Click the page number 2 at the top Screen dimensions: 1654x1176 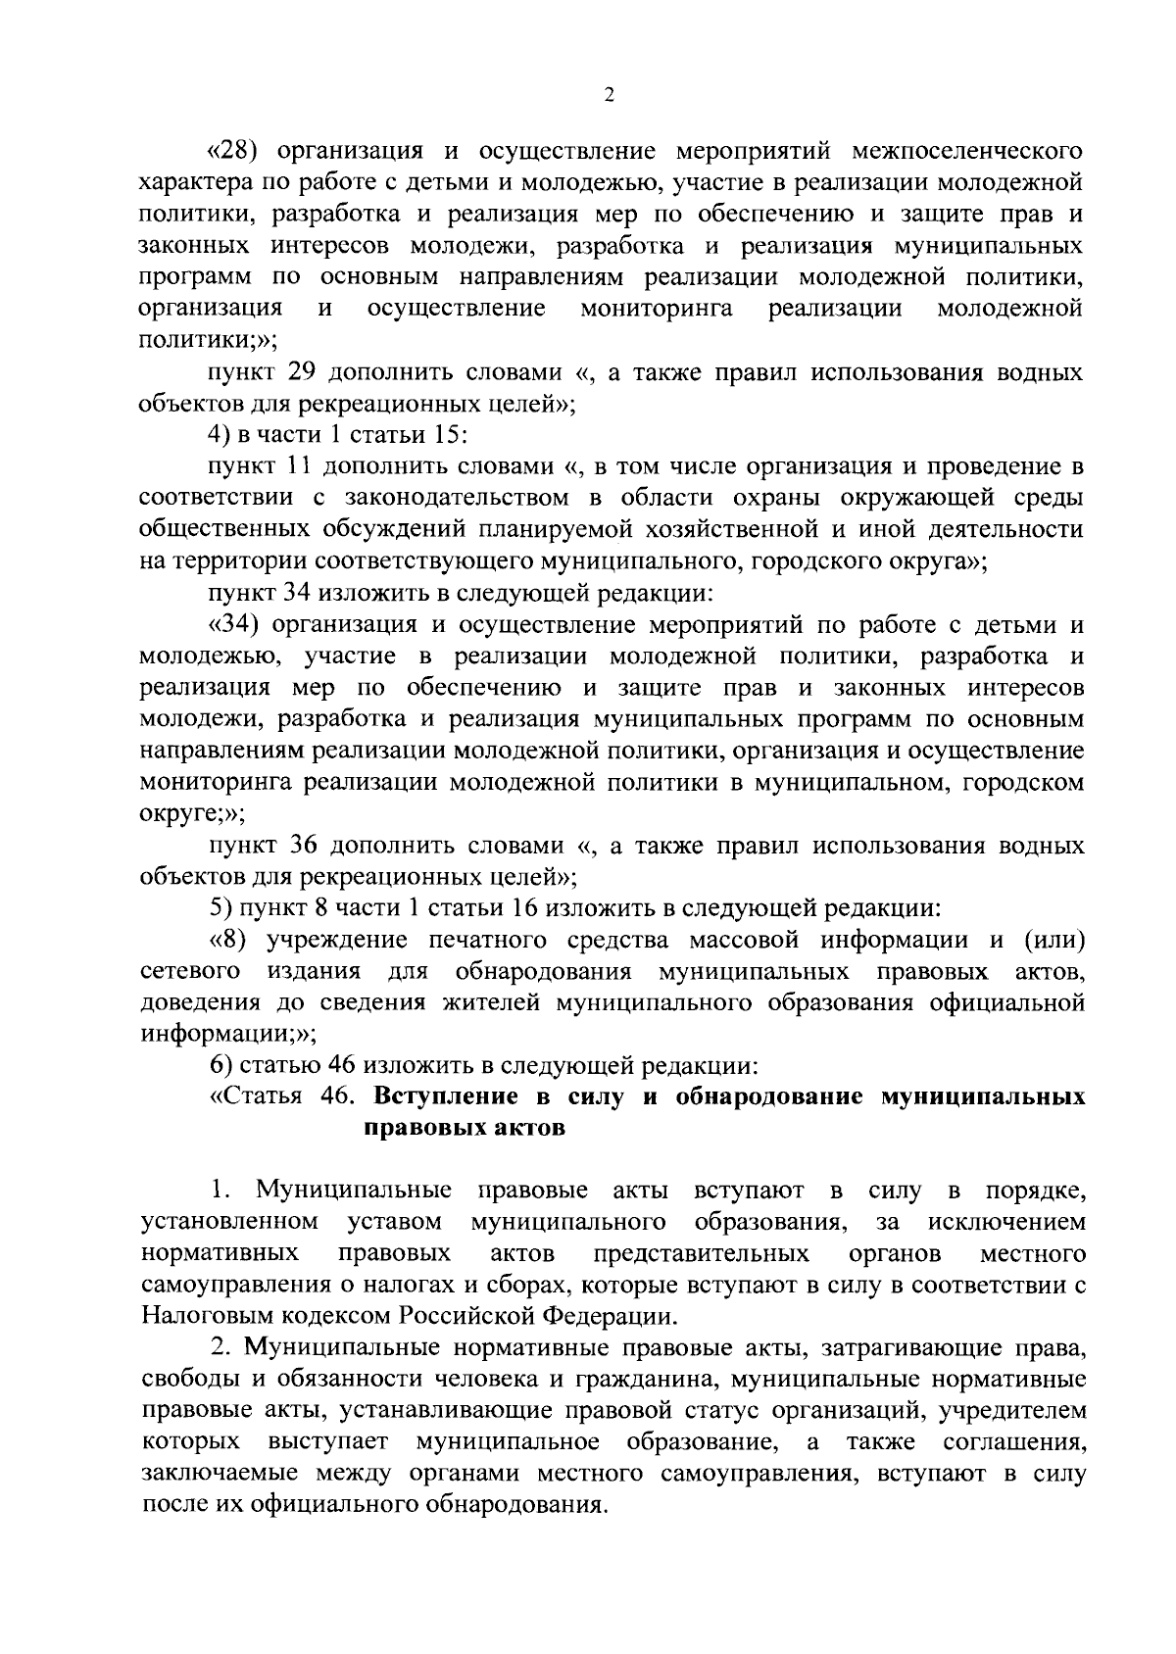[609, 95]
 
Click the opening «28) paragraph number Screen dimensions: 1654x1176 [236, 151]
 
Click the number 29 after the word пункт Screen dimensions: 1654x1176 [302, 373]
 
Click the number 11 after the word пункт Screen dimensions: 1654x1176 [298, 466]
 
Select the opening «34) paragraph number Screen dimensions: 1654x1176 [234, 624]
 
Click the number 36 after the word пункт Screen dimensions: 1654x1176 [303, 845]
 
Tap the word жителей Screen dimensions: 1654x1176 [496, 1003]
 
